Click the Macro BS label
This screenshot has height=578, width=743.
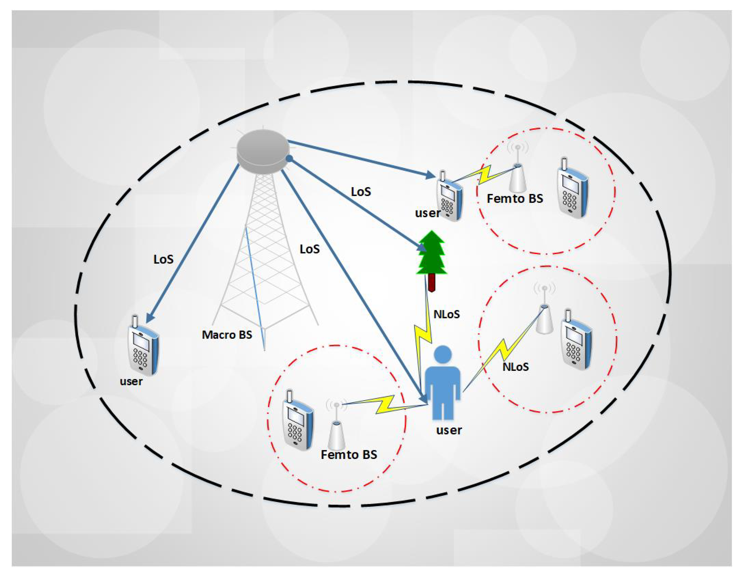tap(227, 335)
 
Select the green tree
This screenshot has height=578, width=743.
tap(431, 253)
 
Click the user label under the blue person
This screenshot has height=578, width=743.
tap(449, 430)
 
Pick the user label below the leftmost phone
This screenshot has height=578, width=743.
tap(131, 382)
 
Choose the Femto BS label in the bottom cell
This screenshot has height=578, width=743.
tap(349, 455)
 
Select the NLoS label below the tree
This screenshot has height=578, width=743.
tap(446, 314)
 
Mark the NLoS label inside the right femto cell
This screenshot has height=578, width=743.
tap(515, 367)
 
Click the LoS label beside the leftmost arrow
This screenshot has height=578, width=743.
tap(163, 259)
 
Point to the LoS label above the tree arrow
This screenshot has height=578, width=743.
tap(361, 192)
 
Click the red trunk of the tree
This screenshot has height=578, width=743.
tap(432, 283)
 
